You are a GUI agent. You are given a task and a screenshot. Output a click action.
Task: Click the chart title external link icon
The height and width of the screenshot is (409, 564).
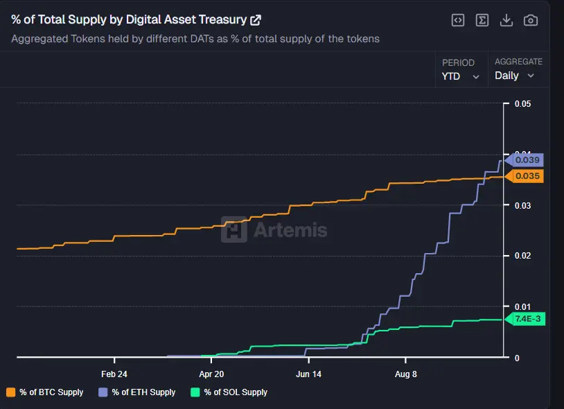click(256, 20)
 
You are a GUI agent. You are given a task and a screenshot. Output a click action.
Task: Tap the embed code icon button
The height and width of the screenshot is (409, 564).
click(458, 20)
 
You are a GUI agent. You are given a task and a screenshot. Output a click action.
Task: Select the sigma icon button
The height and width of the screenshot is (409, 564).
click(482, 20)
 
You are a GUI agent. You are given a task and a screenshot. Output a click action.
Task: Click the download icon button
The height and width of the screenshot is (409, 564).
click(506, 20)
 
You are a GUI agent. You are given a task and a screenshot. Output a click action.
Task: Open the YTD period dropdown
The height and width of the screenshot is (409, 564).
click(461, 76)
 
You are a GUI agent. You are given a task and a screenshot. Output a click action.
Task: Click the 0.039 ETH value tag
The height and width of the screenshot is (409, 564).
click(527, 160)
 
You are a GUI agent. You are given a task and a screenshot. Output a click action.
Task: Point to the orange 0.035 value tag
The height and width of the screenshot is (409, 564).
click(527, 176)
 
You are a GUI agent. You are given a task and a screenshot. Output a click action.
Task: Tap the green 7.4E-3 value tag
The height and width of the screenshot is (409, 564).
click(527, 319)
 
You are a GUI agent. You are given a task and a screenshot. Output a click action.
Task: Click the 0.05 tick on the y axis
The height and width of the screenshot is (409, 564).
click(522, 104)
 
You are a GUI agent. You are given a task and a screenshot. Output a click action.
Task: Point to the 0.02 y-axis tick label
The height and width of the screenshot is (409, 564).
click(522, 256)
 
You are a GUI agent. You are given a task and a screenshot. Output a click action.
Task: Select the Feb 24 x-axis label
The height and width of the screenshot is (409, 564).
click(114, 373)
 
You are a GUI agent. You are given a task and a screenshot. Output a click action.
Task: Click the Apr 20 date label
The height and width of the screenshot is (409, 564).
click(211, 373)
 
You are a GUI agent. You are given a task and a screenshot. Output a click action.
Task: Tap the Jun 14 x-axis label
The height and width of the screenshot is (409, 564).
click(308, 373)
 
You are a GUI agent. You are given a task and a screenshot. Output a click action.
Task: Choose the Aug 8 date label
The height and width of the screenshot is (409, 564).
click(405, 373)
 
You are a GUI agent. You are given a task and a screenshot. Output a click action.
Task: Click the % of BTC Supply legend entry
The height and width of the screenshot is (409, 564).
click(46, 392)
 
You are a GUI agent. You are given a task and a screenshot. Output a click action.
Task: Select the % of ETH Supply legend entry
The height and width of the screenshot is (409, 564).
click(138, 392)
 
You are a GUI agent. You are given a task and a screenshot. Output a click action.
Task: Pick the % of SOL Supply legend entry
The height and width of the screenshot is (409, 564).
click(229, 392)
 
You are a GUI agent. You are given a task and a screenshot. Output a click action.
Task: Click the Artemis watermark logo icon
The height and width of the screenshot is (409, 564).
click(234, 229)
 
